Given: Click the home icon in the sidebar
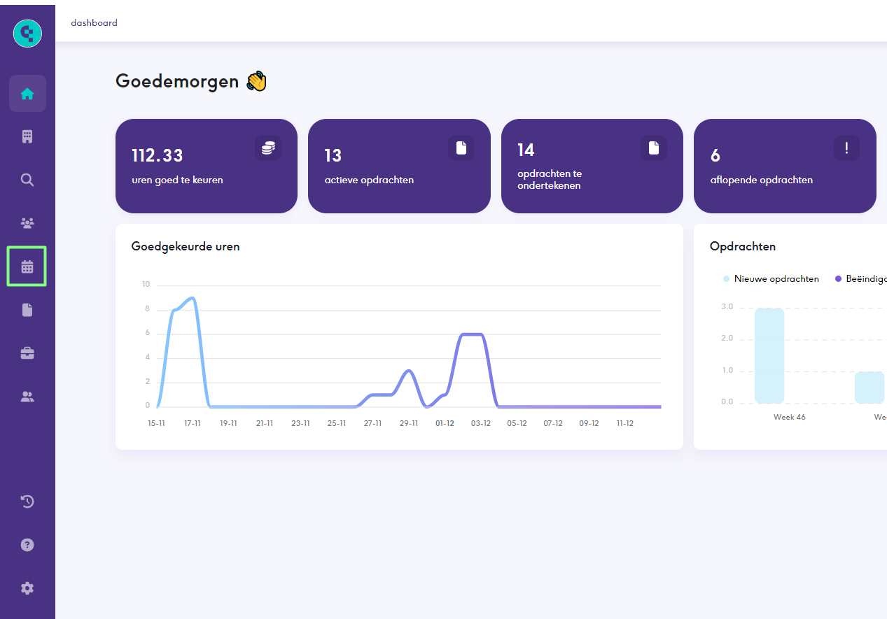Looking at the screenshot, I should pos(27,94).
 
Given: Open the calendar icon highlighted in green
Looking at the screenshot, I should pos(27,266).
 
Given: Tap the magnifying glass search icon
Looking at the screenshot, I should pos(27,180).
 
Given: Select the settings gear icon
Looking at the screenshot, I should pos(27,588).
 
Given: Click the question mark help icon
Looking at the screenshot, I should pos(27,545).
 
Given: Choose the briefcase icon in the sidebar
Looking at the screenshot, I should pos(27,353).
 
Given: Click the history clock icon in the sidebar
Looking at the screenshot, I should pos(27,501).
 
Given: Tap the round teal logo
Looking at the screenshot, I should pos(27,33).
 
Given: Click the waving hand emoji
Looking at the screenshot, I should pos(257,82).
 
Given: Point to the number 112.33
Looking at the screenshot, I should pos(158,155).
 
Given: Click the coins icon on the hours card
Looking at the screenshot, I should pos(268,148).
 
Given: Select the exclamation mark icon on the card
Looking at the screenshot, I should pos(846,148).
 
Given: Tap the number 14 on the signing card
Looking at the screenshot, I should pos(526,150).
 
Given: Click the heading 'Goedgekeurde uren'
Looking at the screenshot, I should pos(186,246).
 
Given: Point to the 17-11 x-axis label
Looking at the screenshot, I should pos(193,423).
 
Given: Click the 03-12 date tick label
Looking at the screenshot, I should pos(480,423).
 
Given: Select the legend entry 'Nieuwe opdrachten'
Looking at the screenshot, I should pos(776,279).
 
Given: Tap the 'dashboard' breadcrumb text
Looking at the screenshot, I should pos(94,23).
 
